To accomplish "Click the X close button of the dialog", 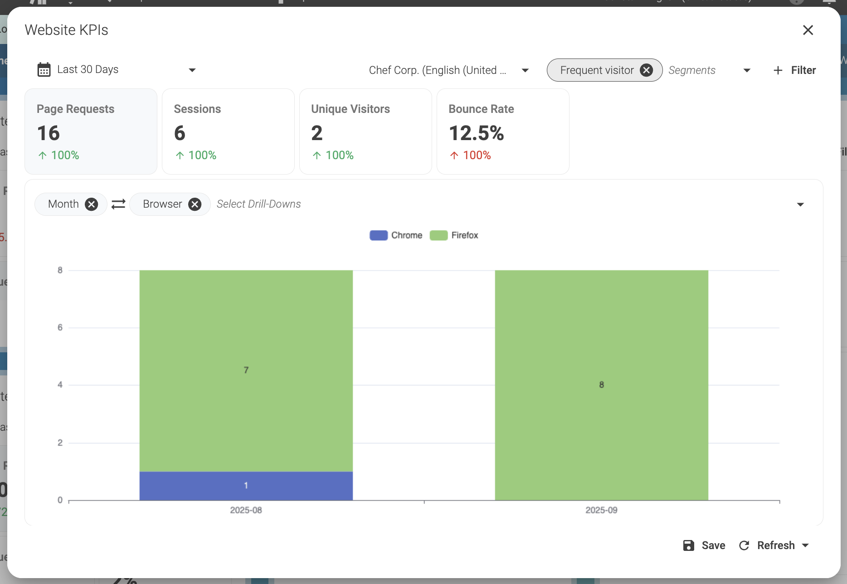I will pyautogui.click(x=808, y=30).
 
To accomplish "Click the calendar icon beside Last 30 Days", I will pyautogui.click(x=44, y=70).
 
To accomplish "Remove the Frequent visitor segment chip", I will pyautogui.click(x=646, y=70).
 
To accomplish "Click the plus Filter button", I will pyautogui.click(x=794, y=70).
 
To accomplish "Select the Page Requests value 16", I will pyautogui.click(x=48, y=133).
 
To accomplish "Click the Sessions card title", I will pyautogui.click(x=197, y=109).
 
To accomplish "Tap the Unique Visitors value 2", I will pyautogui.click(x=316, y=133).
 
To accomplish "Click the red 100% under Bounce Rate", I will pyautogui.click(x=477, y=156).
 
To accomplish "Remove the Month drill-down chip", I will pyautogui.click(x=92, y=204).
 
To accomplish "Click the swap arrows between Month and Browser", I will pyautogui.click(x=118, y=204).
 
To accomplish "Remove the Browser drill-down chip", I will pyautogui.click(x=195, y=204).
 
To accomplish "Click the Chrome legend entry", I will pyautogui.click(x=396, y=235).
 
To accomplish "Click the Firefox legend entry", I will pyautogui.click(x=454, y=235).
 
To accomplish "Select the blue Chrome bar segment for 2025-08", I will pyautogui.click(x=246, y=486).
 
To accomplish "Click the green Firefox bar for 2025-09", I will pyautogui.click(x=601, y=385).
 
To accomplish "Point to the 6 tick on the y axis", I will pyautogui.click(x=60, y=327).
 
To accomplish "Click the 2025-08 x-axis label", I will pyautogui.click(x=246, y=510).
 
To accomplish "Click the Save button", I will pyautogui.click(x=704, y=545).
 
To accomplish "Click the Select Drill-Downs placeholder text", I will pyautogui.click(x=258, y=204).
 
